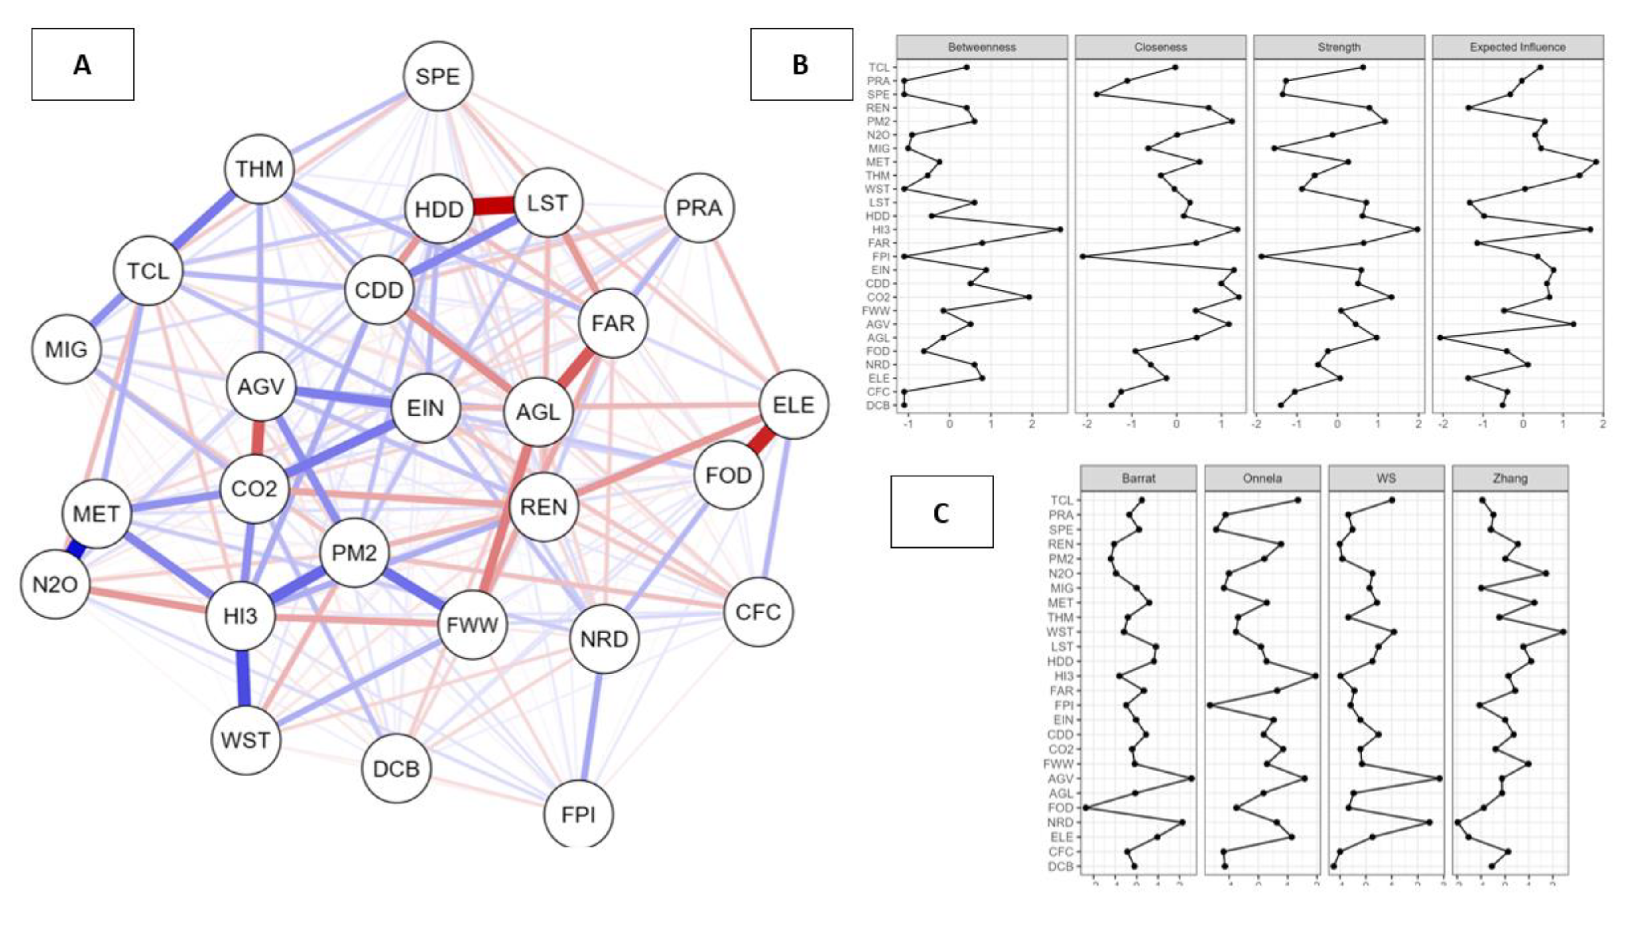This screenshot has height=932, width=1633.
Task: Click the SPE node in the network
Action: pos(438,76)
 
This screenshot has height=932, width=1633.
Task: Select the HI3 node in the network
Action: pos(241,616)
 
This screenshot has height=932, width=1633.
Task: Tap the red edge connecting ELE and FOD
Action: pos(762,440)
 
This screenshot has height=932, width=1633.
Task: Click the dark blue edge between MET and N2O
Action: pos(76,549)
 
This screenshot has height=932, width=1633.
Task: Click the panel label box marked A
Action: pos(83,64)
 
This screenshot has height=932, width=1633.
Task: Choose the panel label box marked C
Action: pos(942,512)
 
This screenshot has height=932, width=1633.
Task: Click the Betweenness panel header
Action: pos(981,47)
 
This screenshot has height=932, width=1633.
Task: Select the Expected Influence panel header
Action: pos(1517,47)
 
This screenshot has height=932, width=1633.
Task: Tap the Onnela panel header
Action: pos(1262,478)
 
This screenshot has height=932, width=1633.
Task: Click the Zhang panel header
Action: pos(1509,478)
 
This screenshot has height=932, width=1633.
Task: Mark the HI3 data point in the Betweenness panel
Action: pos(1060,229)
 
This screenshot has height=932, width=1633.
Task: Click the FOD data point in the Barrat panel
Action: pos(1086,808)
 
